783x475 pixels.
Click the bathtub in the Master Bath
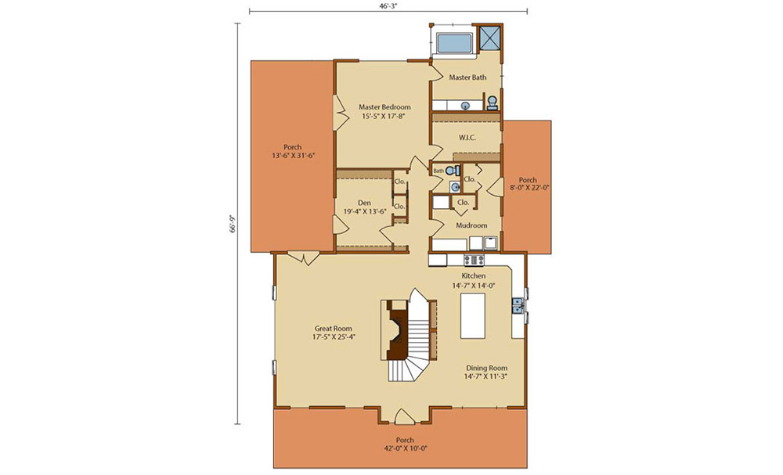point(454,42)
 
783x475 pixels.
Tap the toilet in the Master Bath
point(493,102)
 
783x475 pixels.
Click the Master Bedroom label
point(384,106)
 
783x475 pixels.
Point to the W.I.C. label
point(467,138)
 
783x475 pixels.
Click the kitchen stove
point(474,260)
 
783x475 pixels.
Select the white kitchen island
point(473,316)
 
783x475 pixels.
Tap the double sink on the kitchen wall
point(518,305)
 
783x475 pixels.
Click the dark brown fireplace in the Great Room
point(396,332)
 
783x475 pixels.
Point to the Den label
point(365,203)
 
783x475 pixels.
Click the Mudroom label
point(471,225)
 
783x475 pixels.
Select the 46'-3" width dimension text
point(388,5)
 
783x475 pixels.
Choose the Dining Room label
point(486,369)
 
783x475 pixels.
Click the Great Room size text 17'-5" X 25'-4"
point(334,336)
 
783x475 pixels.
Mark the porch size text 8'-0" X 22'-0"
point(529,188)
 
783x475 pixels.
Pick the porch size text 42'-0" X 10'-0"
point(405,448)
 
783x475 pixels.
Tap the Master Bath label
point(467,77)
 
